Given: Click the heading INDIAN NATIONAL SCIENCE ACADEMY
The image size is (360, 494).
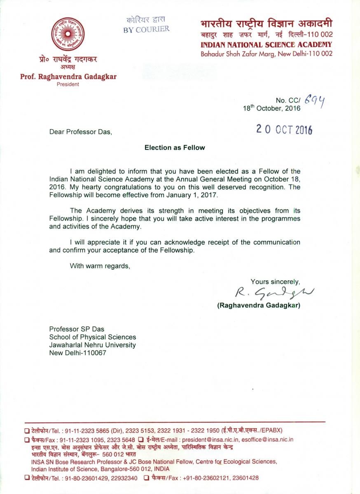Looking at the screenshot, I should pos(266,44).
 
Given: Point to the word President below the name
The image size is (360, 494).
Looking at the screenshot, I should pos(68,84).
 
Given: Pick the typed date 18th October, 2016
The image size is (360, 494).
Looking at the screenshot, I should pos(272,109).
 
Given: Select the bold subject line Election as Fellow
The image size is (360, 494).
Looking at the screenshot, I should pos(174,147).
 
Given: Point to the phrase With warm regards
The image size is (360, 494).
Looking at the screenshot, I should pos(100,266).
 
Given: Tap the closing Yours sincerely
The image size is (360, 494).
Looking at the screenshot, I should pos(275,282).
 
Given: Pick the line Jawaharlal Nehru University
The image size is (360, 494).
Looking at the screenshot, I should pos(92,345).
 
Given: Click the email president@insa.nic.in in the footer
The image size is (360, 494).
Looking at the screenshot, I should pos(214,439).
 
